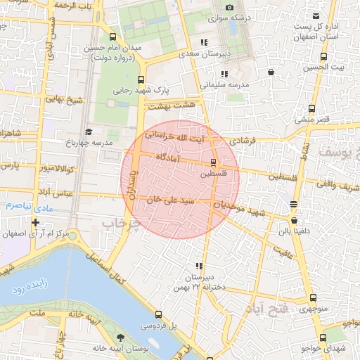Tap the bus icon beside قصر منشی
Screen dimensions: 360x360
(x=312, y=109)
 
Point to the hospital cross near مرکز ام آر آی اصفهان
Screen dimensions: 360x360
(x=35, y=222)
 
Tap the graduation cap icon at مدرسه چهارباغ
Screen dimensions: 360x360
(x=89, y=131)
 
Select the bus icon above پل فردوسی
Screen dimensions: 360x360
(x=158, y=314)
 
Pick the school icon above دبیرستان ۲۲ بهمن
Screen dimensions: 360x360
(x=200, y=266)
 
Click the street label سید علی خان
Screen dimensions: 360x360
(x=169, y=200)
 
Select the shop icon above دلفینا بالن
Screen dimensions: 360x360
(x=293, y=204)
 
